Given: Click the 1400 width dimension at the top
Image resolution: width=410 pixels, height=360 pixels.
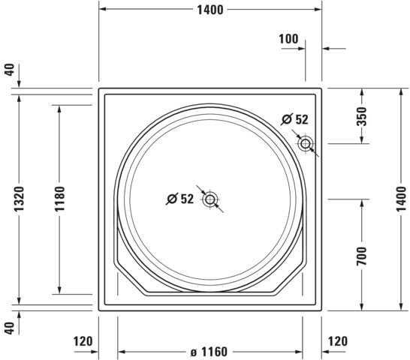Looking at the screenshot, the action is (210, 10).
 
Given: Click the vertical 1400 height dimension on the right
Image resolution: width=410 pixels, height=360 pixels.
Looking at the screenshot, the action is (401, 199).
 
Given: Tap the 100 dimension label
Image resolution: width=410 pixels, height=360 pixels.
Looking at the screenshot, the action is (288, 39).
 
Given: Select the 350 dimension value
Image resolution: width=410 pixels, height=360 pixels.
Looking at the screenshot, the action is (362, 116).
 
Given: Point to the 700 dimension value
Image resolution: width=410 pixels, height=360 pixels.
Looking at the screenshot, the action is (362, 256).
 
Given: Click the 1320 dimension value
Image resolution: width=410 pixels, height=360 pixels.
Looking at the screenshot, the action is (19, 199).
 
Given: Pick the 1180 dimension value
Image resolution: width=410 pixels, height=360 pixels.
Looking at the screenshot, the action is (59, 199).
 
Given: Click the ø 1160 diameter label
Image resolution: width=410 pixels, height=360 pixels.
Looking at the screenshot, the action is (209, 352).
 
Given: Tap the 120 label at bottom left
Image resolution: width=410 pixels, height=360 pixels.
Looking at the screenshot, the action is (83, 341).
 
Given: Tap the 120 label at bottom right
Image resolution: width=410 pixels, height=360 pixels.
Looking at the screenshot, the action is (338, 341).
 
